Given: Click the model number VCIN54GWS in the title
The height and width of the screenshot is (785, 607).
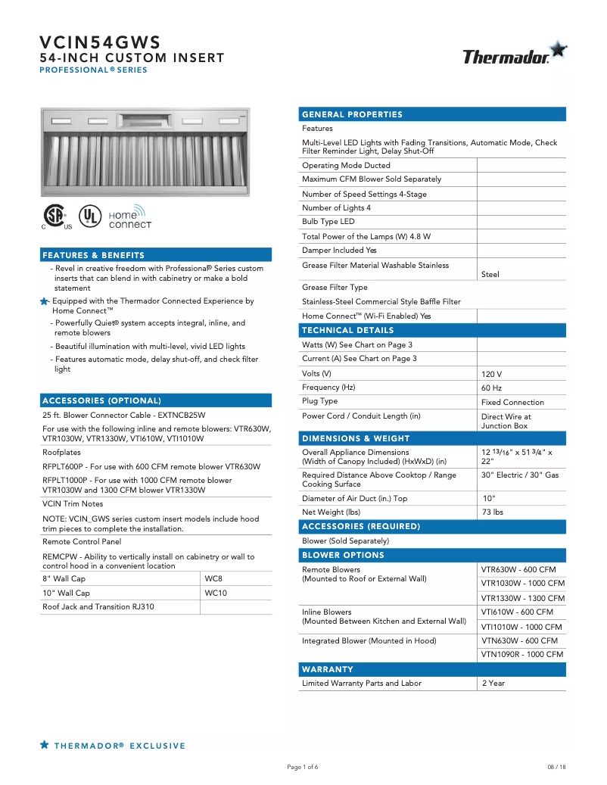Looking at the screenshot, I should [x=100, y=42].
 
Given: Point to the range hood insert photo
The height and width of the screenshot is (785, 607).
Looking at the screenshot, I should [x=145, y=150].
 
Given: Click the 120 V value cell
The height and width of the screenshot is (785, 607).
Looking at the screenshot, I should [x=491, y=374].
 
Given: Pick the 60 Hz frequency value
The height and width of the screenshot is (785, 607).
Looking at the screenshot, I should [x=491, y=388].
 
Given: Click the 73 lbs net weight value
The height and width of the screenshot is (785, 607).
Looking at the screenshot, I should [x=493, y=512].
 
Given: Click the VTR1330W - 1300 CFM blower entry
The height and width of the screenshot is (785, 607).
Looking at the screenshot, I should [x=522, y=598].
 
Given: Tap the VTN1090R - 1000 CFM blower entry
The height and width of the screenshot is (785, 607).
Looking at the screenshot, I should [x=522, y=654].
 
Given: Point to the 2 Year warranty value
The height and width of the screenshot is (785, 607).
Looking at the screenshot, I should [x=493, y=683].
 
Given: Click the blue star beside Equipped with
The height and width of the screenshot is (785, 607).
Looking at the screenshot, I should [x=45, y=301].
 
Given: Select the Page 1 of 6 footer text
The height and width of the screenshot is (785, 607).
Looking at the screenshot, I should [x=303, y=767].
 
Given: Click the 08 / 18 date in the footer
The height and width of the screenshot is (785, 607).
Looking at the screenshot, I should [x=556, y=767].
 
